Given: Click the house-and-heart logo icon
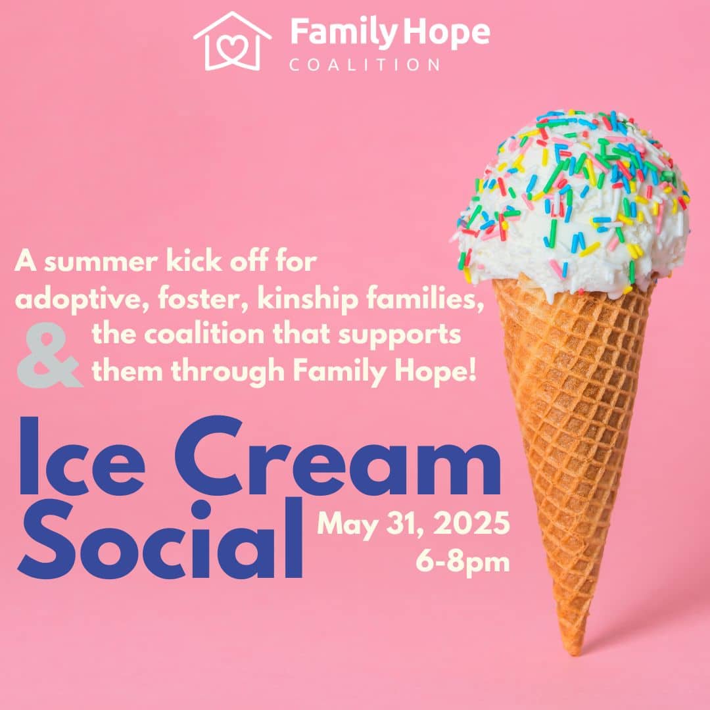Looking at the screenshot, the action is coord(232,41).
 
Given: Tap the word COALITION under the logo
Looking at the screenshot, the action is coord(364,64).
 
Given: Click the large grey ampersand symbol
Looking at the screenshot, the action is coord(49,355).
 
